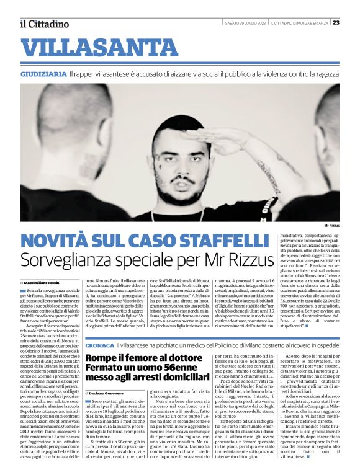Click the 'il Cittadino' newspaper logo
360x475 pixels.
coord(45,24)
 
